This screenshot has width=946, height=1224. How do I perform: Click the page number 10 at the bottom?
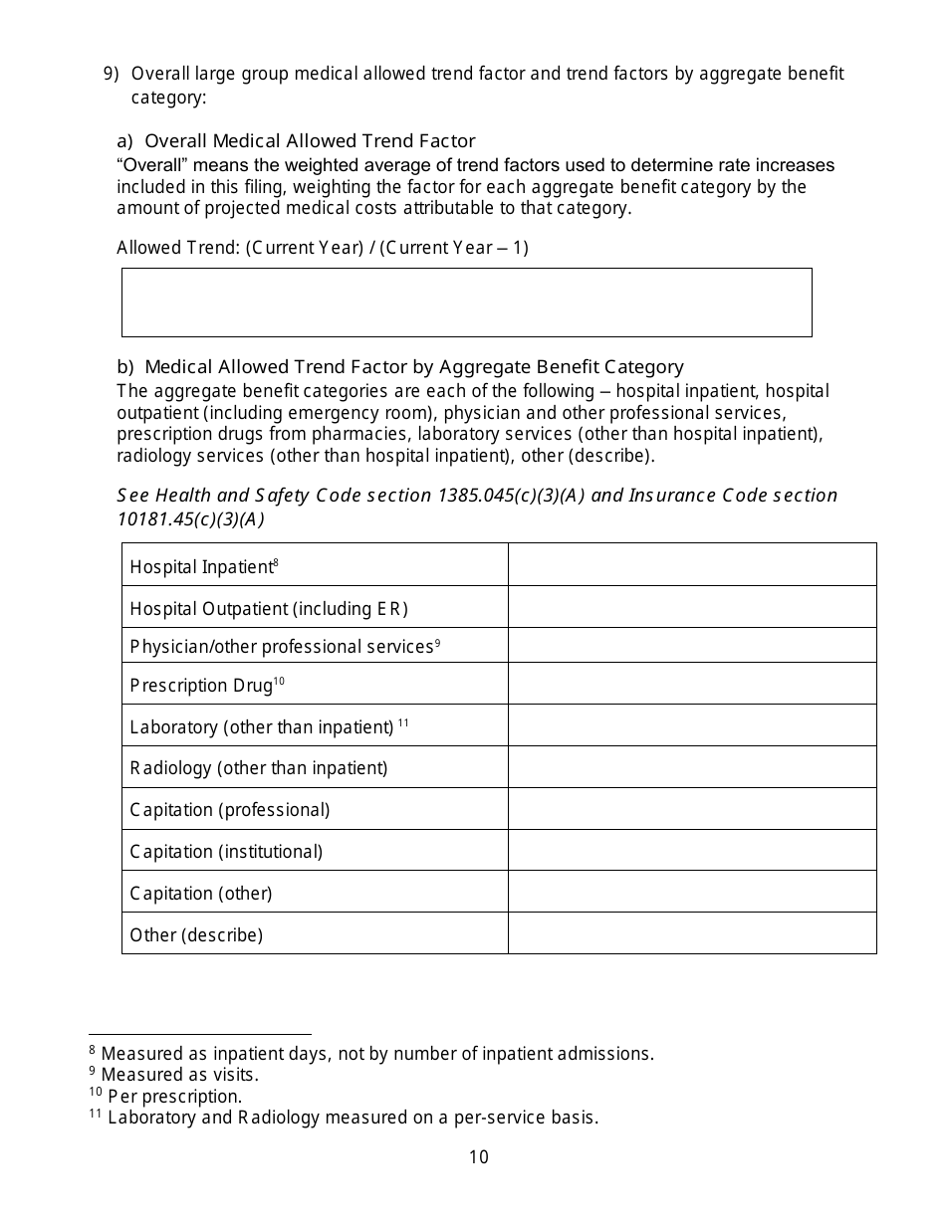coord(478,1156)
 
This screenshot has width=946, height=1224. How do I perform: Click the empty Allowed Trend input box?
coord(466,303)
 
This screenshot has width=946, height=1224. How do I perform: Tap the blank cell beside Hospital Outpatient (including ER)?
coord(692,607)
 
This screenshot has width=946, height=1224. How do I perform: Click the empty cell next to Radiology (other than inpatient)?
coord(692,767)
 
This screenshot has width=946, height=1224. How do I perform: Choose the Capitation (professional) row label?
coord(230,810)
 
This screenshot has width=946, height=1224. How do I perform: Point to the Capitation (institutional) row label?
coord(226,852)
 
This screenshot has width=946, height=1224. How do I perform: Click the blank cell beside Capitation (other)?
coord(692,893)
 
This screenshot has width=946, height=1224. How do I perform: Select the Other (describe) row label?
coord(196,935)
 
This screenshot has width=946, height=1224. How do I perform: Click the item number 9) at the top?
coord(112,74)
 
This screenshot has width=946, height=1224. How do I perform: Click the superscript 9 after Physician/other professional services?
coord(437,643)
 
